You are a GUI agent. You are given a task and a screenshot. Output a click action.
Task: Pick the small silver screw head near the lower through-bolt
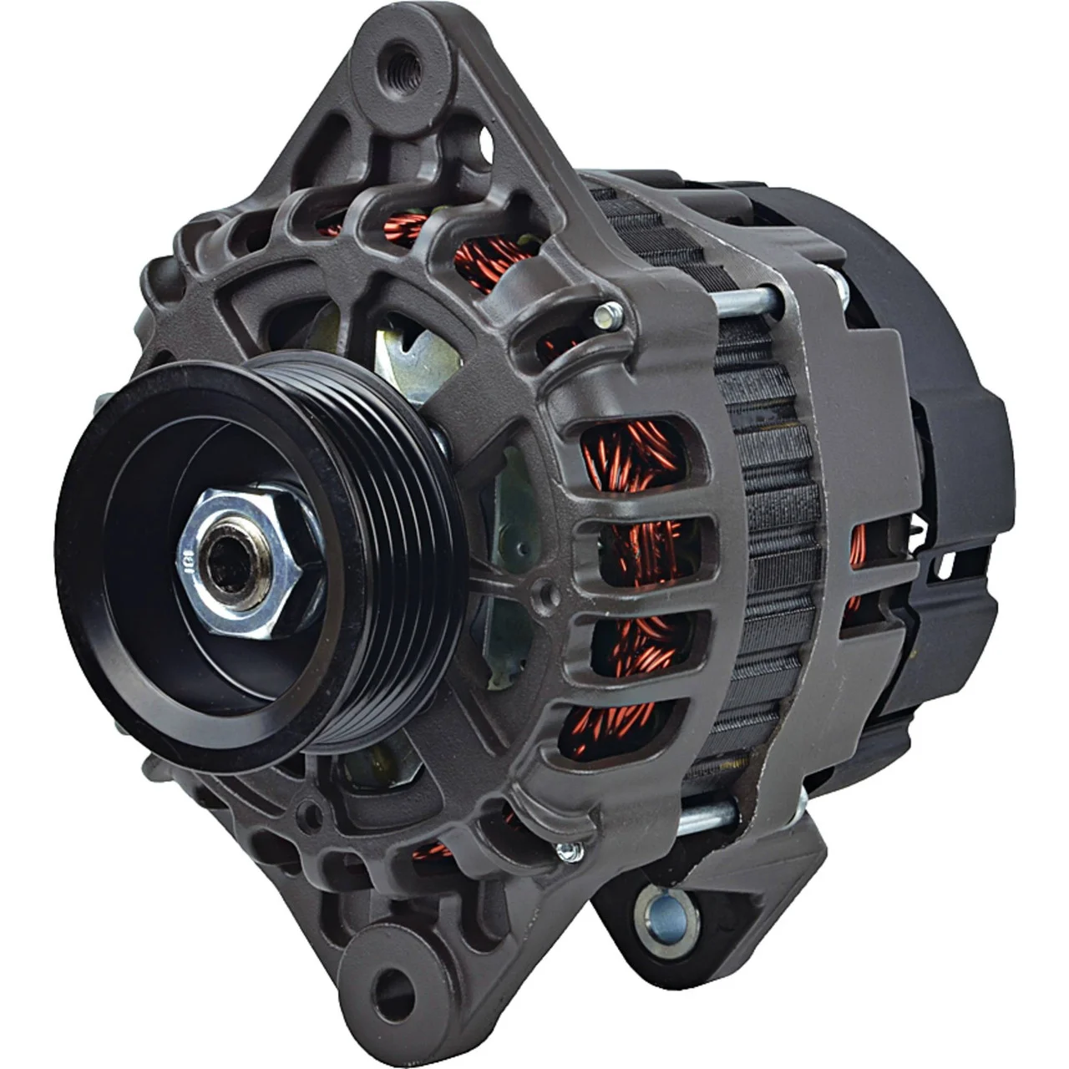coord(570,850)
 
